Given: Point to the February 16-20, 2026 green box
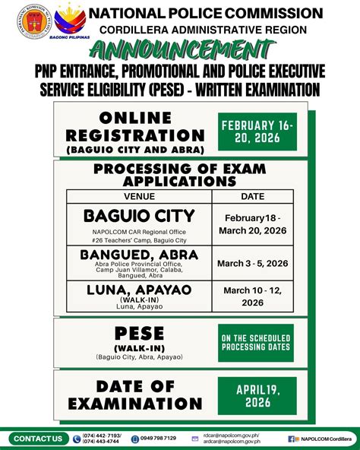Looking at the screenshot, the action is [x=256, y=132].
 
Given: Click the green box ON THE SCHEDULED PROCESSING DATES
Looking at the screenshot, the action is [x=256, y=342].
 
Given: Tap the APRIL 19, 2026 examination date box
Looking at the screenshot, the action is [x=256, y=395].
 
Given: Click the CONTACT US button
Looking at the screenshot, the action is [x=38, y=439].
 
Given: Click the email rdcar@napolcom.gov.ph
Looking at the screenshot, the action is [x=232, y=436].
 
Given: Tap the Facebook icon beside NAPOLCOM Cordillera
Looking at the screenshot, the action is [x=292, y=439].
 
